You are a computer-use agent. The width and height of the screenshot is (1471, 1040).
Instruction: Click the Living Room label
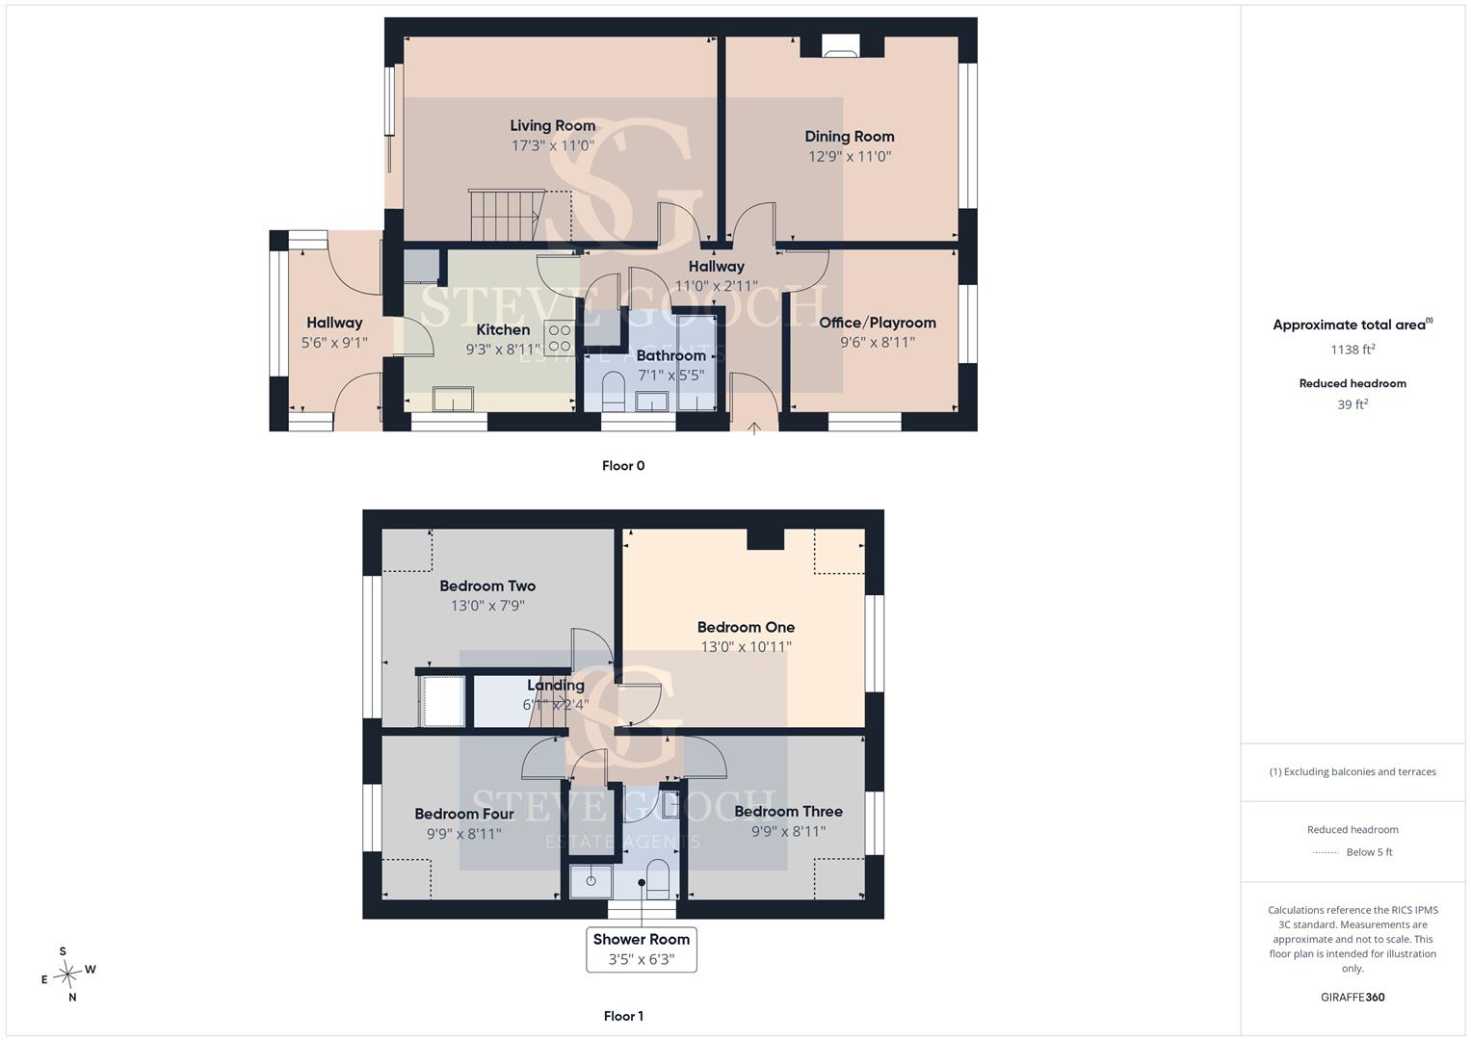coord(552,125)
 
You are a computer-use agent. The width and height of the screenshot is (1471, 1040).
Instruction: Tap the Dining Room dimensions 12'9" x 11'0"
coord(850,156)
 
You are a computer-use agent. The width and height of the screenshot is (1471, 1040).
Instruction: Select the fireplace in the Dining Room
coord(841,45)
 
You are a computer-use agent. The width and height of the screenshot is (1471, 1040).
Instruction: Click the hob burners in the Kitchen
coord(560,338)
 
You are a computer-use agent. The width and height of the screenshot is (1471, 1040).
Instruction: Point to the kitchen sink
coord(453,399)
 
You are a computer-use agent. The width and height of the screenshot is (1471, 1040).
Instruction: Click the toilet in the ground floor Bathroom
coord(614,391)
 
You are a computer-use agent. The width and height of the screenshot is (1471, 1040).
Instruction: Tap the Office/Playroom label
coord(878,323)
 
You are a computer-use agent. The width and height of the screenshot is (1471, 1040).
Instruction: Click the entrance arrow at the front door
coord(754,429)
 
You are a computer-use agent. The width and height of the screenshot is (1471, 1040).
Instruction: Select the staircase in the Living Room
coord(507,216)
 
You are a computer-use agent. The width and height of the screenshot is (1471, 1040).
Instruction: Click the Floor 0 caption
coord(623,465)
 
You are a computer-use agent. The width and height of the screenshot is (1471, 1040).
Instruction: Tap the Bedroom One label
coord(746,627)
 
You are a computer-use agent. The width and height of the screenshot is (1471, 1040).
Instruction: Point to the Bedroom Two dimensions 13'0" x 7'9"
coord(487,606)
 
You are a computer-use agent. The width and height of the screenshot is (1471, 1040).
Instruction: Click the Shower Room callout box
coord(642,949)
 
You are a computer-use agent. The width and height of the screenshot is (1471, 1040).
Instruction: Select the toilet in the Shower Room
coord(657,879)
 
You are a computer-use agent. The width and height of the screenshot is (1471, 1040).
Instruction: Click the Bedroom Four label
coord(464,814)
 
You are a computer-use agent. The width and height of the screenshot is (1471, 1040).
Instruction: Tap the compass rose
coord(68,975)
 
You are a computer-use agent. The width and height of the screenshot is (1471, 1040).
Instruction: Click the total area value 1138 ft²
coord(1353,350)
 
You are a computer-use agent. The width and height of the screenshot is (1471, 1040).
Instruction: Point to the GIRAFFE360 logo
coord(1353,998)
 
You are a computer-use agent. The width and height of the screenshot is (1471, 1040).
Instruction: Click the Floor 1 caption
coord(623,1016)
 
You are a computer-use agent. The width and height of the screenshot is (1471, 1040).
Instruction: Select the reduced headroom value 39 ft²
coord(1353,404)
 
